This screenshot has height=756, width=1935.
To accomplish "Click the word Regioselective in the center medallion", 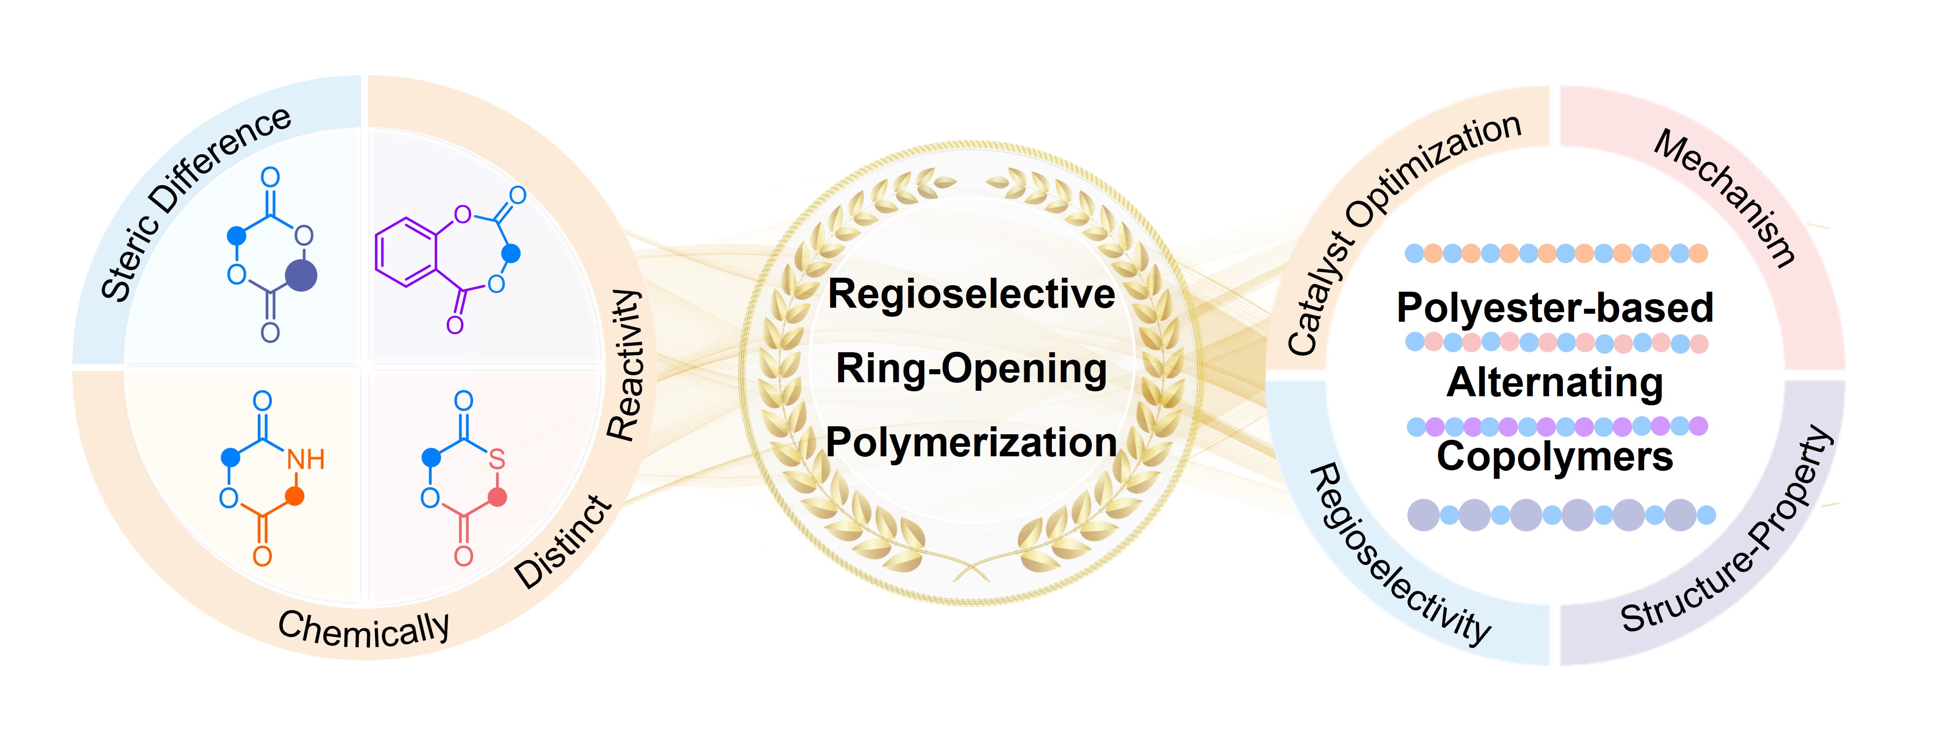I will pyautogui.click(x=971, y=294).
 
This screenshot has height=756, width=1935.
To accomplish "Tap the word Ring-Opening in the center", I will pyautogui.click(x=971, y=369).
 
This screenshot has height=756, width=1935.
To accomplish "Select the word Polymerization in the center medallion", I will pyautogui.click(x=971, y=442).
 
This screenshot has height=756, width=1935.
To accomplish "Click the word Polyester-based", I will pyautogui.click(x=1555, y=308).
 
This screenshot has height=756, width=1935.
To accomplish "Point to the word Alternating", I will pyautogui.click(x=1555, y=382).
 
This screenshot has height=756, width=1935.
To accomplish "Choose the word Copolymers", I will pyautogui.click(x=1555, y=456).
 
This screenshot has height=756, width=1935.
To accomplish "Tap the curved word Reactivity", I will pyautogui.click(x=625, y=366).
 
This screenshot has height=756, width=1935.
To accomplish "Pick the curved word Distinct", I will pyautogui.click(x=563, y=542).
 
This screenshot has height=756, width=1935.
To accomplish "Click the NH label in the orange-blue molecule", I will pyautogui.click(x=306, y=459).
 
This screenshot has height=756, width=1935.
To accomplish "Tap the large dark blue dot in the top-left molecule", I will pyautogui.click(x=302, y=276).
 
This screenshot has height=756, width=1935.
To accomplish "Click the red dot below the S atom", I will pyautogui.click(x=497, y=496).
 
